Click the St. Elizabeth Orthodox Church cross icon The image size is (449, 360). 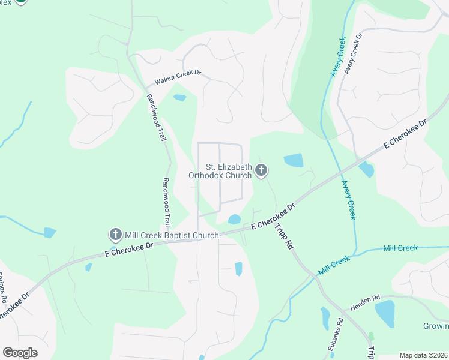pos(261,171)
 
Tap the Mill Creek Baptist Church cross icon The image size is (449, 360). pos(115,235)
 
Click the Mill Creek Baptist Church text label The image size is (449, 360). pos(172,235)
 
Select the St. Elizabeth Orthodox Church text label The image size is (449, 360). pos(220,171)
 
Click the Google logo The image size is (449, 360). pos(20,353)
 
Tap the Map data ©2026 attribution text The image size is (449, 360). pos(423,355)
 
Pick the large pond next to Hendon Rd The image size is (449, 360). pos(385,312)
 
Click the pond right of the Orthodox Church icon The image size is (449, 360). pos(293,160)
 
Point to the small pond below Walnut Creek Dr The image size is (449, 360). pos(179,97)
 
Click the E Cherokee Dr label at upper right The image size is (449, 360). pos(406,134)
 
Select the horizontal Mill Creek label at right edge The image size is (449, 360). pos(400,248)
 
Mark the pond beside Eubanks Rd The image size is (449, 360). pos(325,318)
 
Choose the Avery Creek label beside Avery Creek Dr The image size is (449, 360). pos(337,56)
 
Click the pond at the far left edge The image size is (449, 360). pos(49,232)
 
